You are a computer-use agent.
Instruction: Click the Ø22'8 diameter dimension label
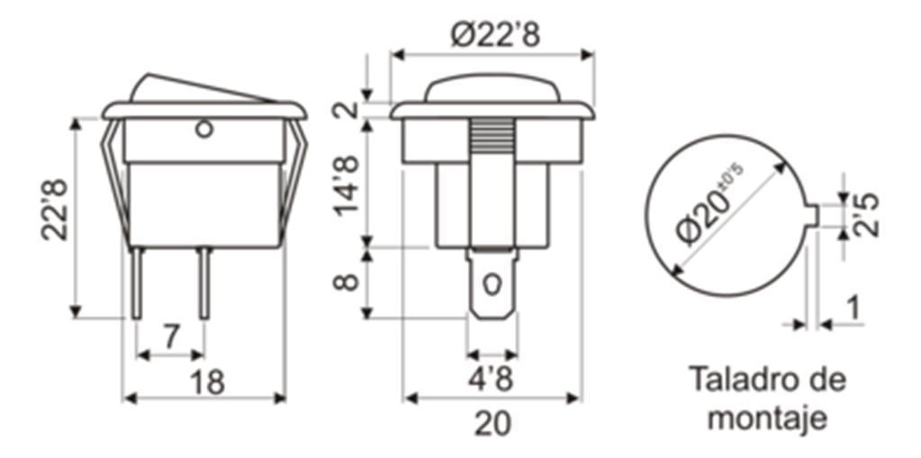point(495,35)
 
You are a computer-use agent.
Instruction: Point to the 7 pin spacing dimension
point(170,337)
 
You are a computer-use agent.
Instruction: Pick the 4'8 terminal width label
point(491,380)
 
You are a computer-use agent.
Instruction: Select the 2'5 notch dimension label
point(866,215)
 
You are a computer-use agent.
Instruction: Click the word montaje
point(768,418)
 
